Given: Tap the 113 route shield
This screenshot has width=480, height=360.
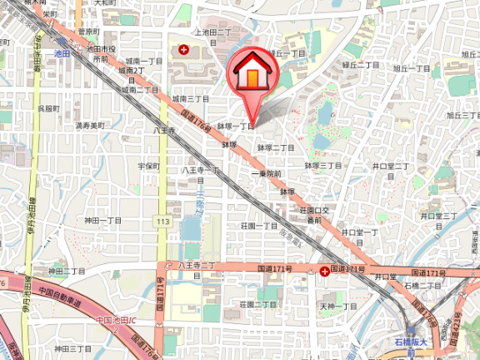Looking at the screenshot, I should click(x=162, y=221).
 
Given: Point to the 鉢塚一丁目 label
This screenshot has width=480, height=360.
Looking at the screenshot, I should click(x=236, y=127).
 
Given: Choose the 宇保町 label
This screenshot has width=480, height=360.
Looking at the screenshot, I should click(x=148, y=167).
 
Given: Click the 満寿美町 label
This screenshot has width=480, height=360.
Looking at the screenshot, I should click(x=90, y=126).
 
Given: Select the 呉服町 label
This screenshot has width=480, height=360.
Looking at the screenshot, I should click(x=47, y=108).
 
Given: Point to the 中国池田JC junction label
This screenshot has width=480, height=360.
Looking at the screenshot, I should click(x=116, y=321).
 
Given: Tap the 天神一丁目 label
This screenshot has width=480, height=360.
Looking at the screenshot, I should click(x=338, y=306).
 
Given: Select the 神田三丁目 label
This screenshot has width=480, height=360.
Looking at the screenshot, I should click(x=74, y=349).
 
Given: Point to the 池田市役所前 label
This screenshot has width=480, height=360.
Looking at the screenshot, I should click(x=97, y=55).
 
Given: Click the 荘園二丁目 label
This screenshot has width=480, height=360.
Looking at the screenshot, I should click(x=258, y=304).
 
